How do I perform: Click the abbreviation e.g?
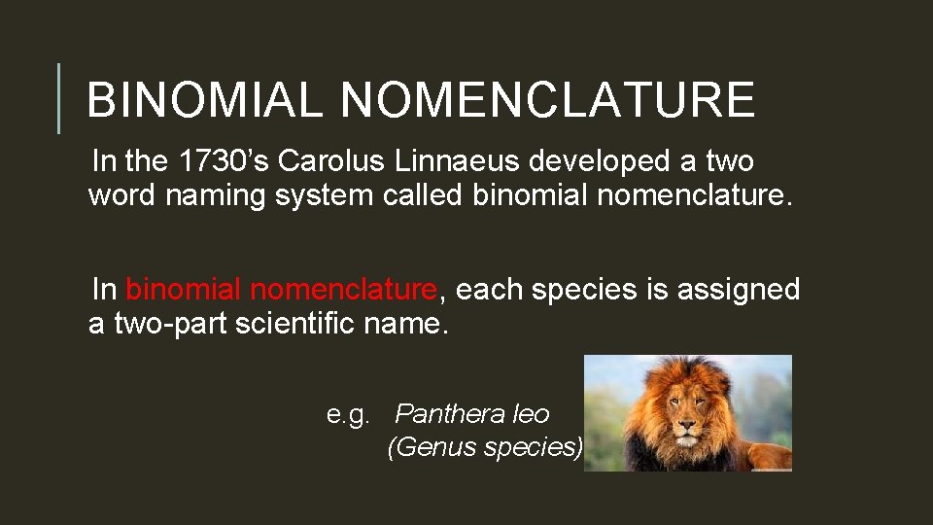[x=348, y=416]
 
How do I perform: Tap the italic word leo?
[x=530, y=414]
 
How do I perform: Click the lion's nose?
[x=687, y=425]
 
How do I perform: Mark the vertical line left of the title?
[x=59, y=98]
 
